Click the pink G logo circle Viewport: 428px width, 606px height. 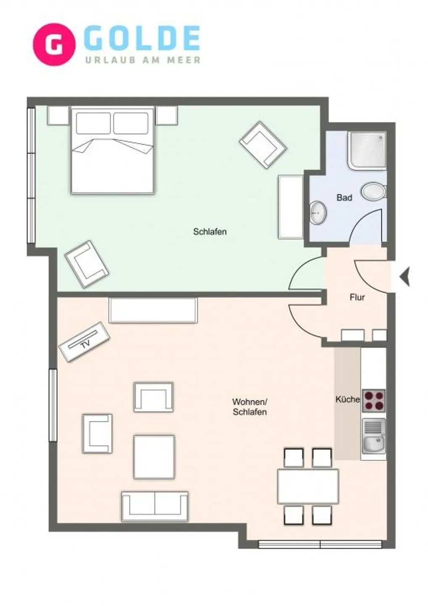[54, 44]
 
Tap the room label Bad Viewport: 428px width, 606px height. [344, 197]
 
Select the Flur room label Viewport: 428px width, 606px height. [357, 298]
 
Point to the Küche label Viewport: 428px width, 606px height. [347, 399]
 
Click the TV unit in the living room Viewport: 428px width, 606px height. [85, 342]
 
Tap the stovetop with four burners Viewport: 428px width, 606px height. [373, 401]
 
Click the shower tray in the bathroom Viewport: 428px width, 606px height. [367, 151]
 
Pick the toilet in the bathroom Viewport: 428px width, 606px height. [374, 192]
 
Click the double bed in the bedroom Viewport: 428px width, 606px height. [112, 151]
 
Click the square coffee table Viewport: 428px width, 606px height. [154, 457]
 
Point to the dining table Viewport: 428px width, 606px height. [308, 486]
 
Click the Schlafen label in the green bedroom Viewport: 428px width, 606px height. [210, 231]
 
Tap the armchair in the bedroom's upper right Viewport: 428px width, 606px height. [263, 145]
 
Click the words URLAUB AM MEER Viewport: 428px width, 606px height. [143, 60]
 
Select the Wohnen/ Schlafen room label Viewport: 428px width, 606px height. [250, 407]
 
